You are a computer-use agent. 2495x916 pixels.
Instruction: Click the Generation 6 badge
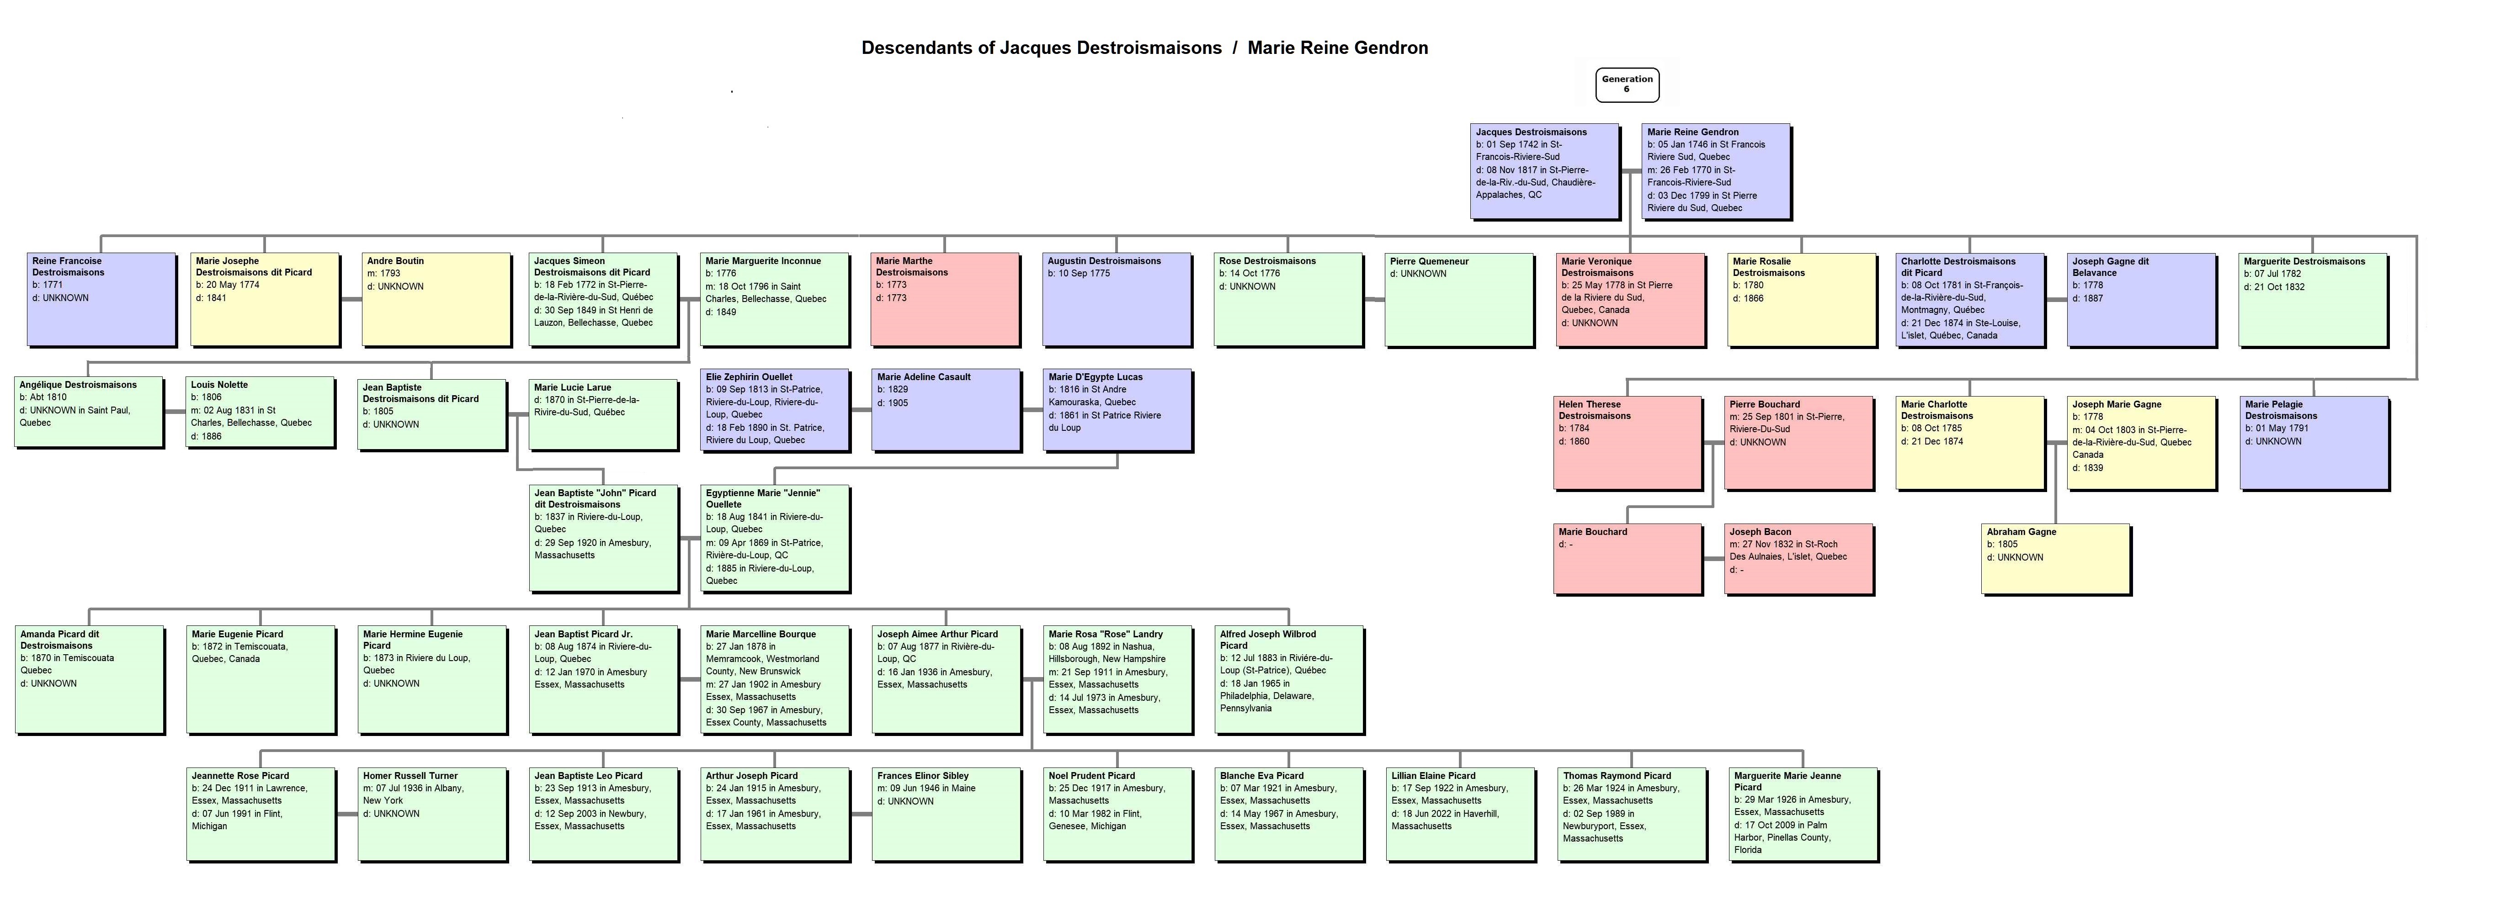pos(1627,84)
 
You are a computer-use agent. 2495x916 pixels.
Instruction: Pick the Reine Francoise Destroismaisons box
pos(102,299)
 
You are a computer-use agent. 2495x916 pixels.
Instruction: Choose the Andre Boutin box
pos(436,299)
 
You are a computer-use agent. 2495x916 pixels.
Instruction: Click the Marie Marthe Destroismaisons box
pos(944,299)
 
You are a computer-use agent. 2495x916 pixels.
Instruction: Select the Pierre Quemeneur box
pos(1458,299)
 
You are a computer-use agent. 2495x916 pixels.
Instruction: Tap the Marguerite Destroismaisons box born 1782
pos(2313,299)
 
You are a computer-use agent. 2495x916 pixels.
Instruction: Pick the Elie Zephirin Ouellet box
pos(775,410)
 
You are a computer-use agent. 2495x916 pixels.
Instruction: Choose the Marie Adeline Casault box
pos(945,410)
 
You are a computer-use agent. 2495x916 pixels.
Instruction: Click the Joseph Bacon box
pos(1798,559)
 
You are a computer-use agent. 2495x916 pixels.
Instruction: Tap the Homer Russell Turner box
pos(432,813)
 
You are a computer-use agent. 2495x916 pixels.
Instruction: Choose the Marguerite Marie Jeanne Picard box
pos(1803,813)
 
